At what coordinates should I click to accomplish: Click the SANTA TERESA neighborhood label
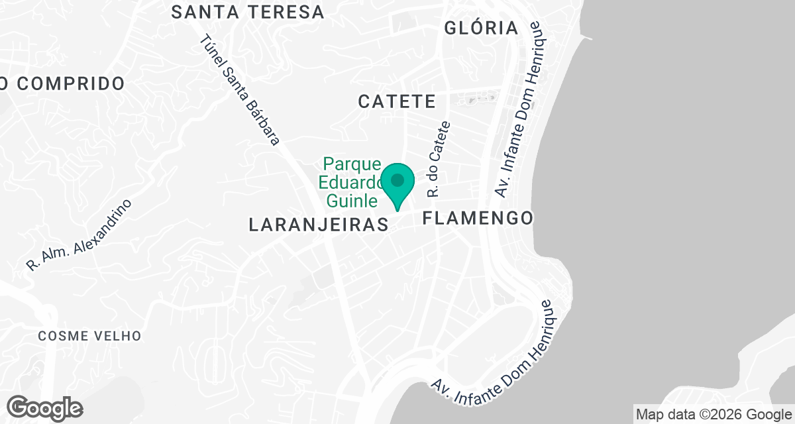click(x=248, y=12)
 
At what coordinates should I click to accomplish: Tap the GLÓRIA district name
click(x=481, y=28)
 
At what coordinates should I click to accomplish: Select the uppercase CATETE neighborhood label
click(x=397, y=101)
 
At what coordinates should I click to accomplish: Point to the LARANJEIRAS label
click(x=319, y=225)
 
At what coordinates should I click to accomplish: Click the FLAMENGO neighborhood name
click(x=478, y=218)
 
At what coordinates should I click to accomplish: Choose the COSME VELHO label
click(x=89, y=336)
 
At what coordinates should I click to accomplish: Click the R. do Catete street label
click(x=439, y=159)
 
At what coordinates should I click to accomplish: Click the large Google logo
click(x=45, y=407)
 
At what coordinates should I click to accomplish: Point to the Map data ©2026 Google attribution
click(x=714, y=415)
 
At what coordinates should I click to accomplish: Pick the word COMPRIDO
click(x=71, y=84)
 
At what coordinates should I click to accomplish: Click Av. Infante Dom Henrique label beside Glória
click(x=521, y=111)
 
